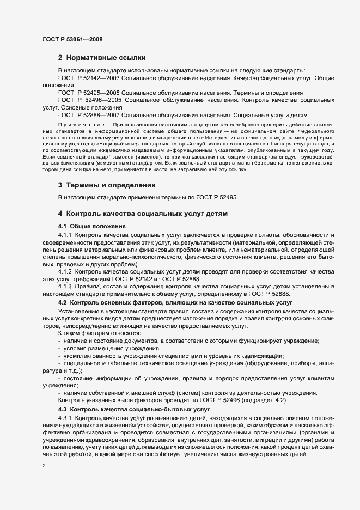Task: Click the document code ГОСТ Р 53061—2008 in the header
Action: coord(72,39)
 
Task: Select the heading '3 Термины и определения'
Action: coord(107,185)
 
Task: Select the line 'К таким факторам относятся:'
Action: coord(99,332)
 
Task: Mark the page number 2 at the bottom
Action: coord(43,466)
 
